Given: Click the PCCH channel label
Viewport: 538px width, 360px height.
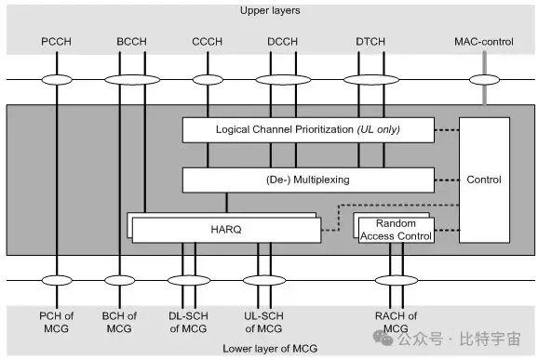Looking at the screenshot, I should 57,42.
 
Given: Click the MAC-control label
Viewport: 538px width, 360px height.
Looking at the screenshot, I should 483,42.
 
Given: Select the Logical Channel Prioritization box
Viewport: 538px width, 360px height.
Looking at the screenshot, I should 307,130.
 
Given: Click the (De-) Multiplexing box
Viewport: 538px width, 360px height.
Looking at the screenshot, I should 307,180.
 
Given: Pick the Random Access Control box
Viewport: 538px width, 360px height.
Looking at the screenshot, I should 395,229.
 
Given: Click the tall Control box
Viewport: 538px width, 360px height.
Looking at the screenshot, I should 484,180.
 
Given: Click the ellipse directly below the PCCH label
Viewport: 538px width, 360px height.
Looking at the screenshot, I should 57,80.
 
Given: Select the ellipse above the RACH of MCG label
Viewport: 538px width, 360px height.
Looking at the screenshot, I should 395,279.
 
